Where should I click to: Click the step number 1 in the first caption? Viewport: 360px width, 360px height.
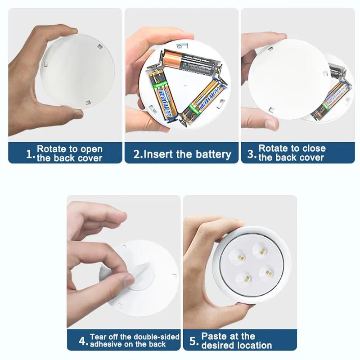[30, 154]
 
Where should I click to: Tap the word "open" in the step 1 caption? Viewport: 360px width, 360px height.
[92, 149]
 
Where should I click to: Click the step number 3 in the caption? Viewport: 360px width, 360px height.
[252, 153]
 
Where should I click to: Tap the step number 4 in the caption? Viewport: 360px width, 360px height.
[82, 341]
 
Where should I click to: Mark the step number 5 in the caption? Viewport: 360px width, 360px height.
[193, 341]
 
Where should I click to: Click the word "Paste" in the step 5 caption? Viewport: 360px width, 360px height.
[215, 336]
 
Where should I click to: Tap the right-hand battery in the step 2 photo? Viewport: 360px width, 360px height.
[204, 98]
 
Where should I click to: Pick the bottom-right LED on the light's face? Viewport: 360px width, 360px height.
[266, 273]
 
